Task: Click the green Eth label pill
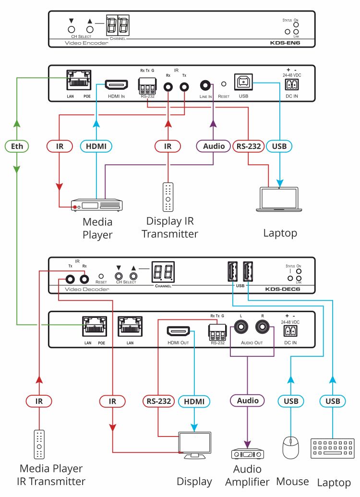tap(17, 146)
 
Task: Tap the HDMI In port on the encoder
tap(116, 85)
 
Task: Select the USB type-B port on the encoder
tap(243, 83)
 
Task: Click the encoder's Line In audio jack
tap(205, 85)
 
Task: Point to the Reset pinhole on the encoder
tap(224, 84)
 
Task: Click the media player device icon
tap(96, 205)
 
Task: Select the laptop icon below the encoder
tap(279, 199)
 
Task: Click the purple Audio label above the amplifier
tap(248, 400)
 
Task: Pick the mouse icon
tap(290, 448)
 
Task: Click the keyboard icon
tap(333, 448)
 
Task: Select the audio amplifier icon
tap(248, 454)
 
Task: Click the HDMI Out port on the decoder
tap(178, 331)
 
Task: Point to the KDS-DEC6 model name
tap(282, 289)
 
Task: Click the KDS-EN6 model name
tap(285, 43)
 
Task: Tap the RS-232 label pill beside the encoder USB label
tap(249, 146)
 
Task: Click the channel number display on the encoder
tap(118, 24)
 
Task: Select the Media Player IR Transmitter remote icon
tap(39, 444)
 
